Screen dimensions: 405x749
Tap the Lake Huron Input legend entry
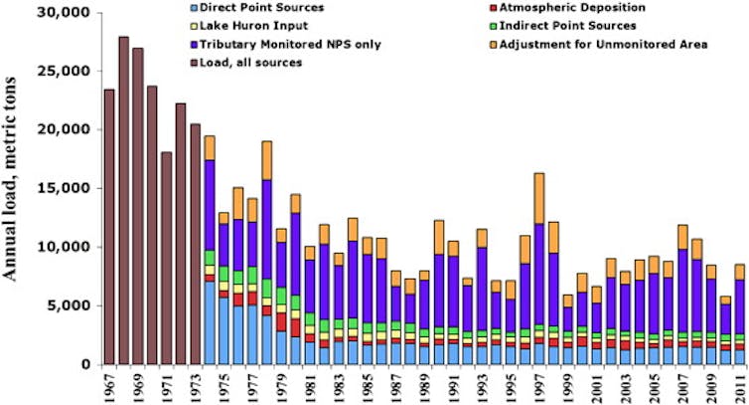coord(262,26)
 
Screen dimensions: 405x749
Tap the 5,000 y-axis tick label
coord(65,305)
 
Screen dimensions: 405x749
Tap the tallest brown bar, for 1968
coord(123,199)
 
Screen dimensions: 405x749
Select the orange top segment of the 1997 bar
coord(538,198)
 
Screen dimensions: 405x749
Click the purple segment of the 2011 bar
coord(739,308)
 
